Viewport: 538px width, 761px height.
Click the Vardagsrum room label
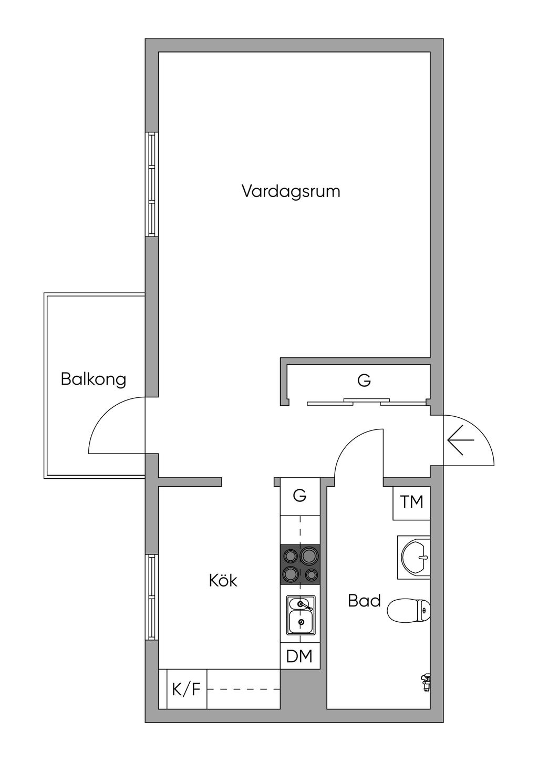click(x=291, y=191)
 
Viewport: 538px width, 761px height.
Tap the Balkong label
click(x=94, y=379)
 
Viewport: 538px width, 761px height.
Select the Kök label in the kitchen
click(x=223, y=581)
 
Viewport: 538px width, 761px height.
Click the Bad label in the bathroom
click(x=364, y=601)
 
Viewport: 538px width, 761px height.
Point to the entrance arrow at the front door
click(x=461, y=439)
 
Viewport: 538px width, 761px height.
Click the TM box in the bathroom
click(x=411, y=502)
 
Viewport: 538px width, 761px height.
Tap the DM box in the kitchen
click(x=299, y=656)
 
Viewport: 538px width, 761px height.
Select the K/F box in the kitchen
click(x=187, y=689)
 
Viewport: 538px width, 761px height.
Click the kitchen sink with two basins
click(x=301, y=615)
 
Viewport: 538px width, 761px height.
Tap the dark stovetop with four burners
click(x=301, y=564)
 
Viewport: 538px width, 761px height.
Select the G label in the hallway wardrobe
click(x=364, y=380)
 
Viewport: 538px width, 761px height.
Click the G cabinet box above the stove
click(x=299, y=496)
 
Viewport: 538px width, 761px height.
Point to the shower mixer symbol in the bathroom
click(x=425, y=682)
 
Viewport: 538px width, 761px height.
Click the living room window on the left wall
click(x=152, y=184)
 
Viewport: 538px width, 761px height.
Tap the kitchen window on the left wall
click(x=152, y=597)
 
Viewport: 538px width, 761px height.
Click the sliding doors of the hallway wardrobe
click(x=366, y=402)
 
